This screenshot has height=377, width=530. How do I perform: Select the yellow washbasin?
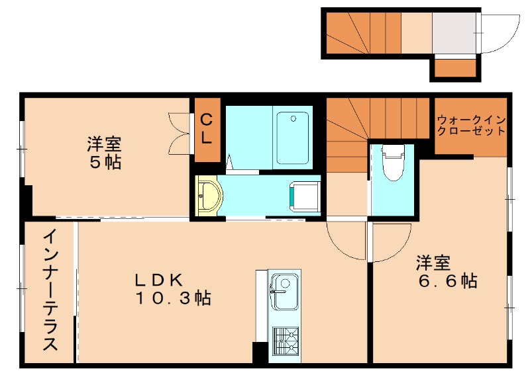209,195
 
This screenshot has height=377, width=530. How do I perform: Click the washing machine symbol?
303,196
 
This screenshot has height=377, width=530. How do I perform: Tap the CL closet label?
207,130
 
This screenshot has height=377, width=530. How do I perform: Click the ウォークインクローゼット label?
471,126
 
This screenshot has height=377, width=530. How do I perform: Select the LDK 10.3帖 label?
174,290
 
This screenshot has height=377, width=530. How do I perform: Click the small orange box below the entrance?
454,67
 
